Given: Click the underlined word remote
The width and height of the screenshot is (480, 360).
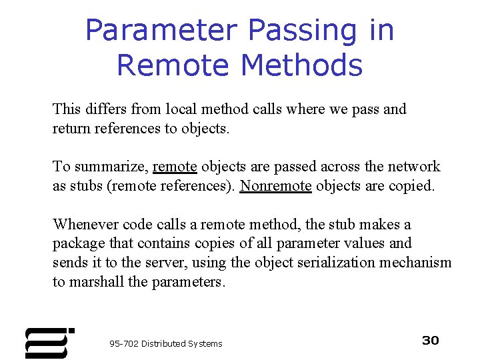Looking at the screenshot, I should (x=175, y=167).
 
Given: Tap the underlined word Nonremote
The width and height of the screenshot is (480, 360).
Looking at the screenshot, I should (x=275, y=185).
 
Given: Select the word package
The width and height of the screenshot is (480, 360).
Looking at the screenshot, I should (x=77, y=243).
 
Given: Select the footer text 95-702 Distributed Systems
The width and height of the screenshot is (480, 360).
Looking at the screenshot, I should (x=166, y=343).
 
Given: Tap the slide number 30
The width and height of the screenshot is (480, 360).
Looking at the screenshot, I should (x=431, y=341).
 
